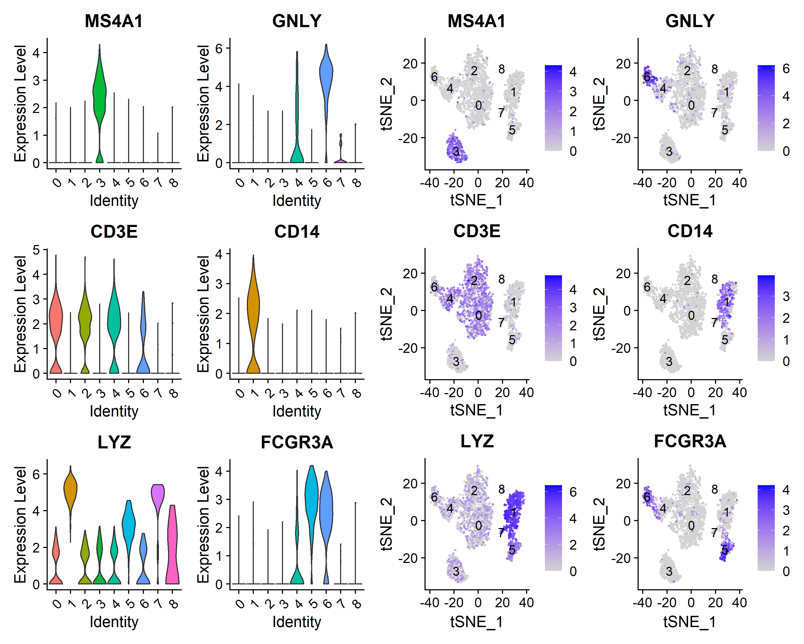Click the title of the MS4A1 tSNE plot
coord(476,21)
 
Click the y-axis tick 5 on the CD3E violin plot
coord(36,250)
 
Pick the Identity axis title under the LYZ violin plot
coord(114,622)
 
